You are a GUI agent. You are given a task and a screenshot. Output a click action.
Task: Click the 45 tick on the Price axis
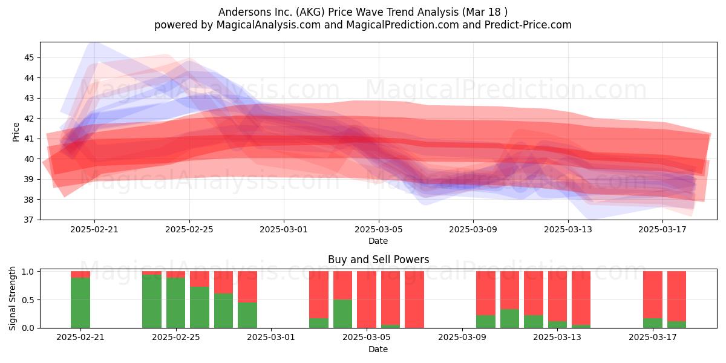(29, 57)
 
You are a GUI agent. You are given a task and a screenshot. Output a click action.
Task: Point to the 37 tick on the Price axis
(29, 220)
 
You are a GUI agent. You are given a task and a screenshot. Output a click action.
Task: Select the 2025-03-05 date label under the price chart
(378, 229)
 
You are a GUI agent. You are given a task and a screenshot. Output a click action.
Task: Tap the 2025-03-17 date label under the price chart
(662, 229)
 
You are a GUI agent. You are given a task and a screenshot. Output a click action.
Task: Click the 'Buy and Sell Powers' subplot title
(378, 260)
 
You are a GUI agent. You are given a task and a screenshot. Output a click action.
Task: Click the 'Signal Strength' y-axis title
(12, 298)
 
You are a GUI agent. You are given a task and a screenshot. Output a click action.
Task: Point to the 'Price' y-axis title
(16, 132)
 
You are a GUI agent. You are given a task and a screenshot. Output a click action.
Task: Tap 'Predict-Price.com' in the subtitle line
(528, 25)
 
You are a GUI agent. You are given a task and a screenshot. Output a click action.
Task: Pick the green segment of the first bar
(80, 302)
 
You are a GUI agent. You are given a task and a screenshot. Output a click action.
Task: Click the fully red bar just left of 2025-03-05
(367, 299)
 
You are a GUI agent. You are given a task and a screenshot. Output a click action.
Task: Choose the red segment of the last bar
(676, 296)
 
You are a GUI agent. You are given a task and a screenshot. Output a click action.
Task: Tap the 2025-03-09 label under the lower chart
(462, 338)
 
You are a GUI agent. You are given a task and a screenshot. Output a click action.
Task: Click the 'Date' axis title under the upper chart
(378, 241)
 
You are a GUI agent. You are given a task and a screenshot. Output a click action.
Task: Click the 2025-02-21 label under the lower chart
(80, 338)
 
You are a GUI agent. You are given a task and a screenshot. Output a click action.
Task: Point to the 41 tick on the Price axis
(29, 139)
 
